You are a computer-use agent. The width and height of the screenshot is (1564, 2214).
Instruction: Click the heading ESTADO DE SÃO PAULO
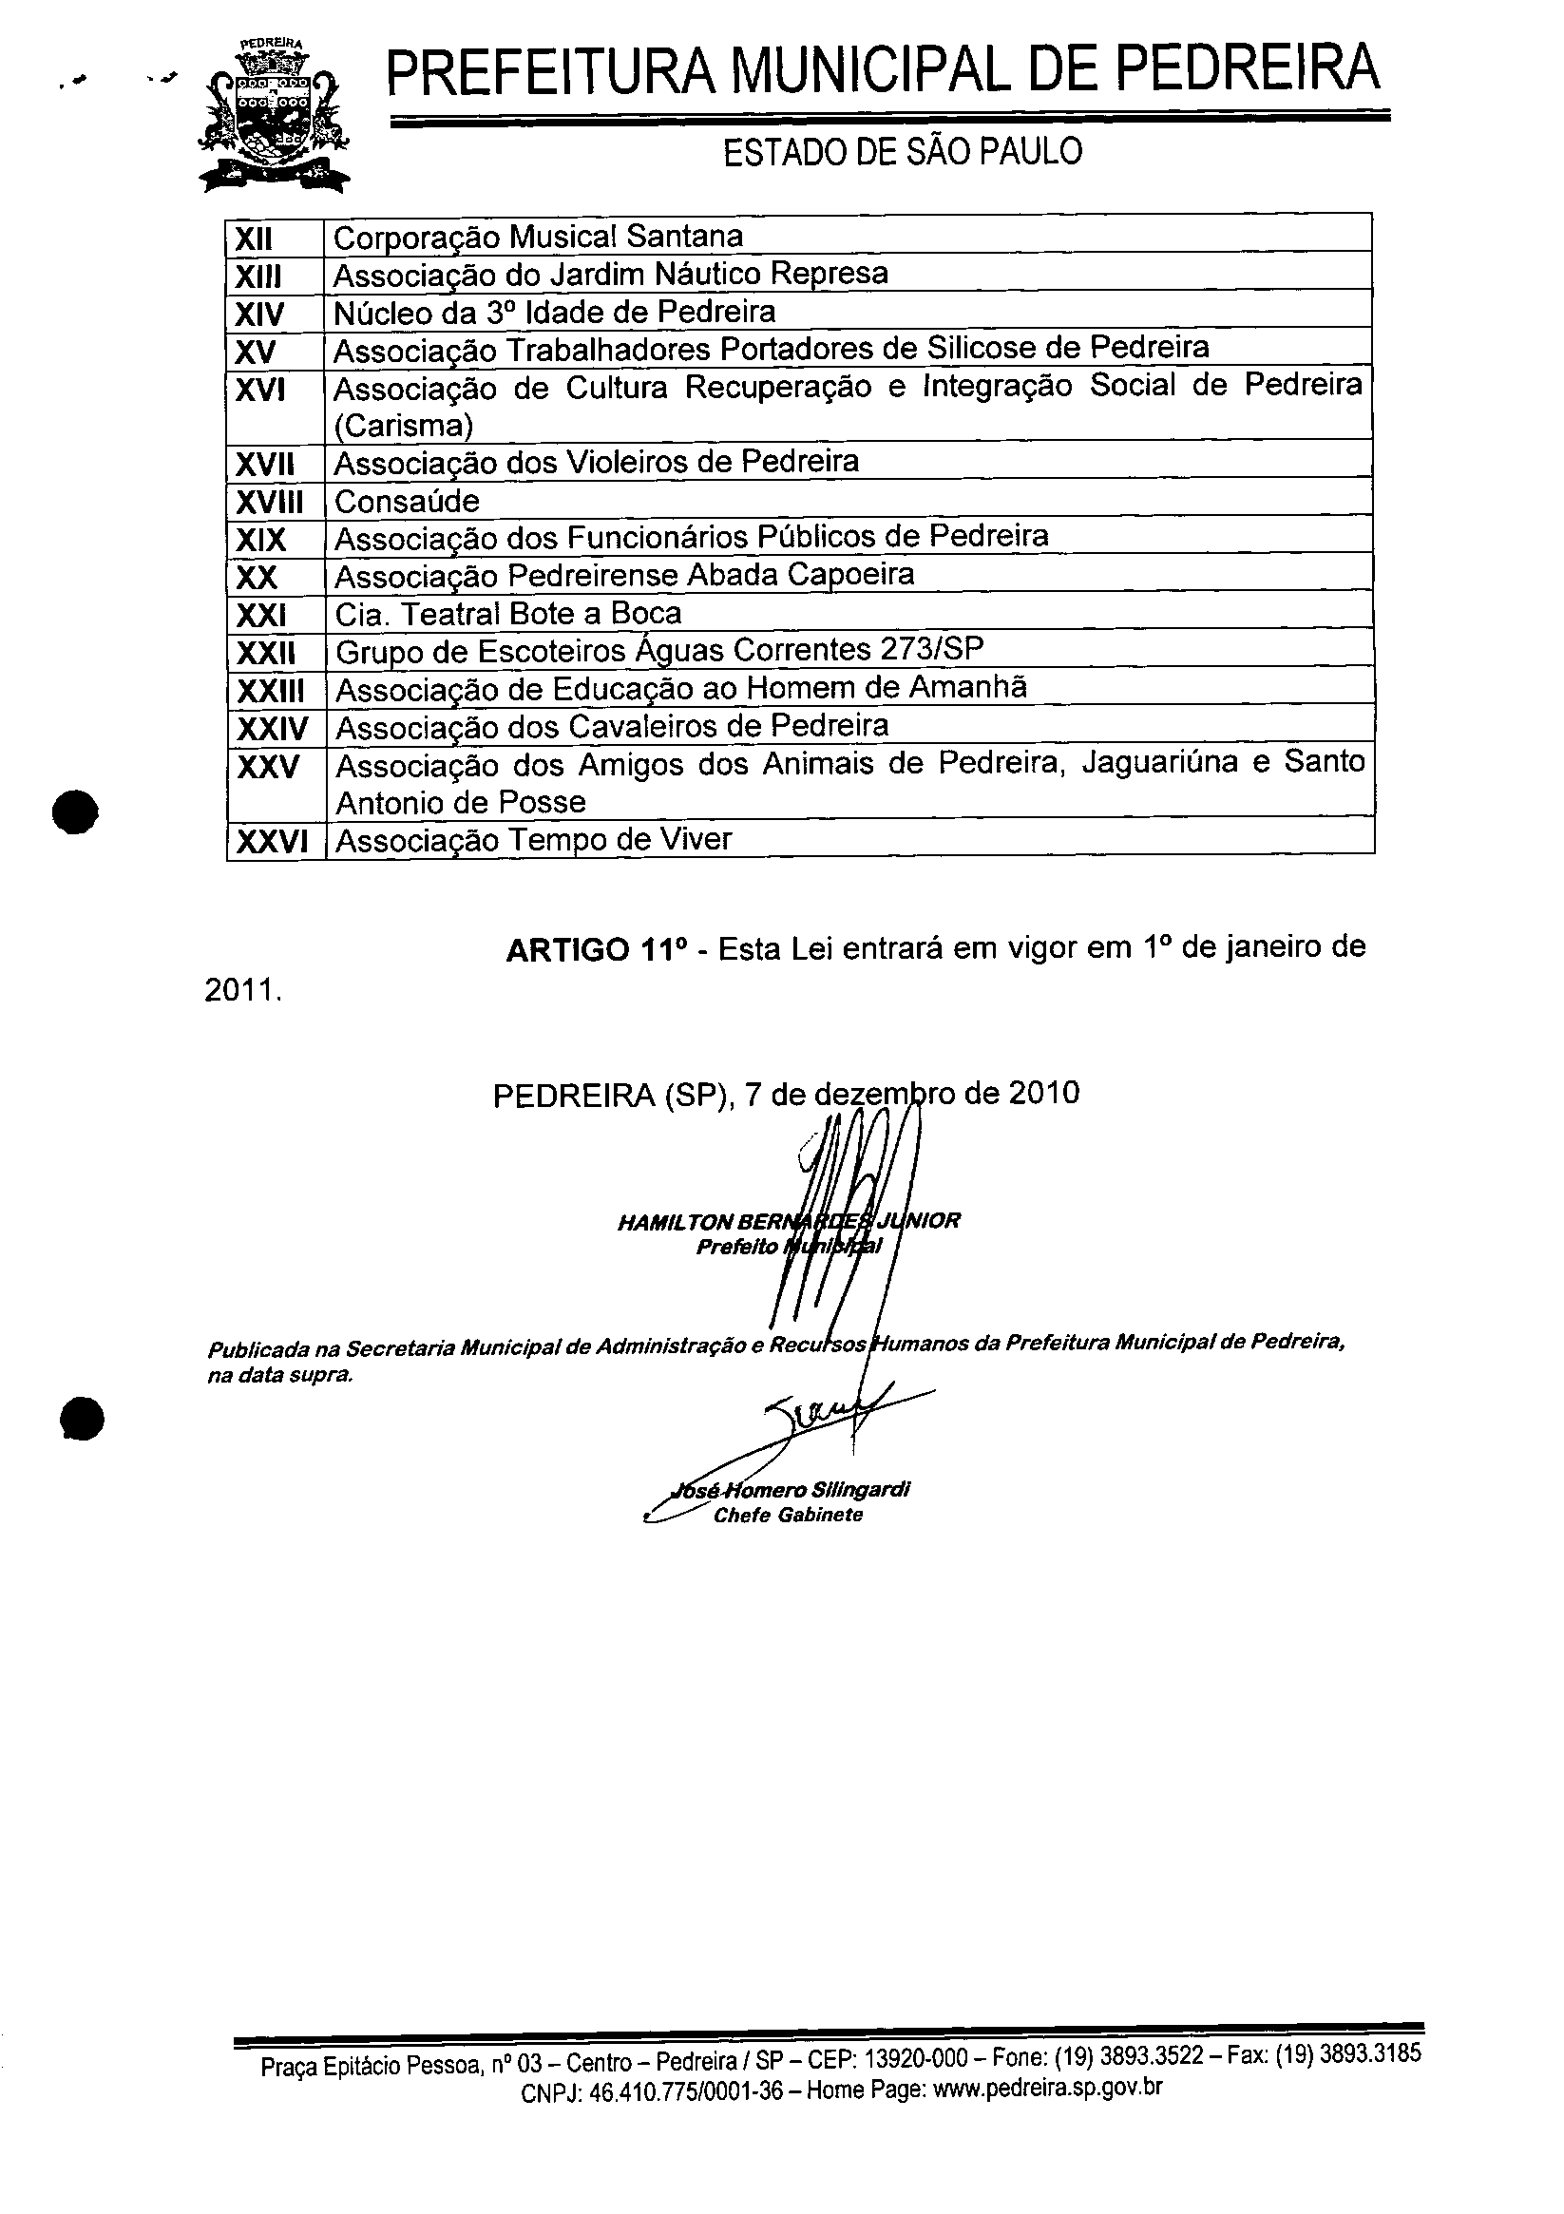point(903,151)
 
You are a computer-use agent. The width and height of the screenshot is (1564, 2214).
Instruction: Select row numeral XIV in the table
point(259,314)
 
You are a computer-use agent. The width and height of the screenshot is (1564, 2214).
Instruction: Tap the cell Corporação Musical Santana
point(538,237)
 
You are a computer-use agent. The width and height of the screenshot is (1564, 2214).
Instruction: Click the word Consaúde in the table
point(407,502)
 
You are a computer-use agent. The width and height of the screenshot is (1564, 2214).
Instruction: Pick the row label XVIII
point(269,502)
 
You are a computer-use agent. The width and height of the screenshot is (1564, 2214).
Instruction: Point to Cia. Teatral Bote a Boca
point(508,613)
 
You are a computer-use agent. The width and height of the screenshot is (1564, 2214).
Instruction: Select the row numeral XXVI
point(272,842)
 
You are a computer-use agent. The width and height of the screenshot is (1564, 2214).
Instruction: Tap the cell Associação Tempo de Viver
point(533,840)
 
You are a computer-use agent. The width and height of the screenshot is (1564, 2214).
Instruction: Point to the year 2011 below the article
point(242,991)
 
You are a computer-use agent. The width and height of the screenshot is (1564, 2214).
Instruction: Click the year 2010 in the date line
point(1044,1093)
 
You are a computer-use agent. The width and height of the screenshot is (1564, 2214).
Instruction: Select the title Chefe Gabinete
point(788,1515)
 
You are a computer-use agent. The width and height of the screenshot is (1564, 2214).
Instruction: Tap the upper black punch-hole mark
point(76,811)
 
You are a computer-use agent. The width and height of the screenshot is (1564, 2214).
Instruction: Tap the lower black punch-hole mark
point(80,1419)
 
